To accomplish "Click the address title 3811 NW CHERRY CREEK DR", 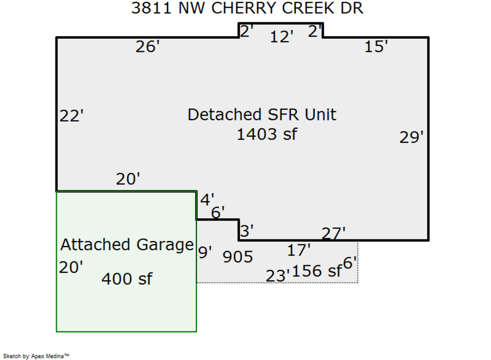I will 247,8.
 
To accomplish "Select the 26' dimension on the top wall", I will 147,47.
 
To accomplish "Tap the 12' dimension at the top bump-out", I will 282,37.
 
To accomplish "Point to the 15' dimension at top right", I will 376,47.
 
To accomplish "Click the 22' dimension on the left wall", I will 71,116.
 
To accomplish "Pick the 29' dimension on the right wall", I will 411,137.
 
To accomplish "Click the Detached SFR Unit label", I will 262,115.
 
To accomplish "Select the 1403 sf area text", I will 267,134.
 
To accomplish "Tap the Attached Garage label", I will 127,244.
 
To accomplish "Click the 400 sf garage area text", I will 127,279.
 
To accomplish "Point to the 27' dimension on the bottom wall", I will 333,233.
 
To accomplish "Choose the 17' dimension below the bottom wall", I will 299,250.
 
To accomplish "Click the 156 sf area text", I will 317,271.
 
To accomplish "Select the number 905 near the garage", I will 238,256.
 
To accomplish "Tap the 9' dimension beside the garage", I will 205,253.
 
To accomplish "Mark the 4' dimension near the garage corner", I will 207,200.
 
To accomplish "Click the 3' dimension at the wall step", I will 247,231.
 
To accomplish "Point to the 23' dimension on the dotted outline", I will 278,276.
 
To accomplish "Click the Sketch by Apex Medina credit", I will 36,356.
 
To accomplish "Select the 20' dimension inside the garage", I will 71,267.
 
